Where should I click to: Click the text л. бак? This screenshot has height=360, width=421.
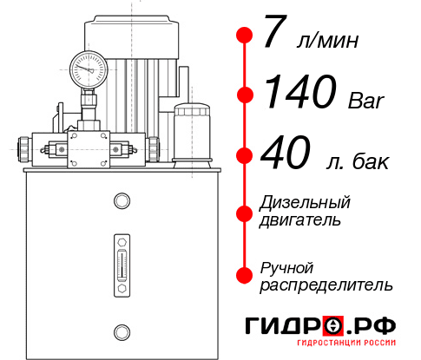click(354, 161)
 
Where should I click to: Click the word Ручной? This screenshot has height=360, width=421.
click(287, 266)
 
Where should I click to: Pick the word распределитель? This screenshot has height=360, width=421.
click(326, 284)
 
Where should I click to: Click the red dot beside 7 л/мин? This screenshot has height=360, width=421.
click(245, 36)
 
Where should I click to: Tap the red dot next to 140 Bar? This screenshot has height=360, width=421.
click(245, 95)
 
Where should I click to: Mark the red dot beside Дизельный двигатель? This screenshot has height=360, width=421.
click(245, 213)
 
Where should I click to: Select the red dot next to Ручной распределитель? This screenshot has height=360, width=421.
click(245, 275)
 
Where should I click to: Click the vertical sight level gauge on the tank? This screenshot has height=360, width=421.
click(121, 260)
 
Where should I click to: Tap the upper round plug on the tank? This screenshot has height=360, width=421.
click(121, 201)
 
